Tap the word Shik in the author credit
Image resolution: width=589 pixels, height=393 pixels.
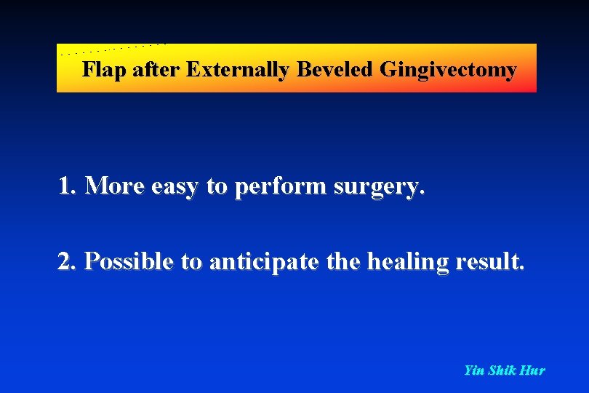tap(502, 370)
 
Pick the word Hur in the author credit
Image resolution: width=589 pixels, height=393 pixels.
tap(532, 370)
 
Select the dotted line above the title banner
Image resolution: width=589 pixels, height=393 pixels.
tap(113, 49)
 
